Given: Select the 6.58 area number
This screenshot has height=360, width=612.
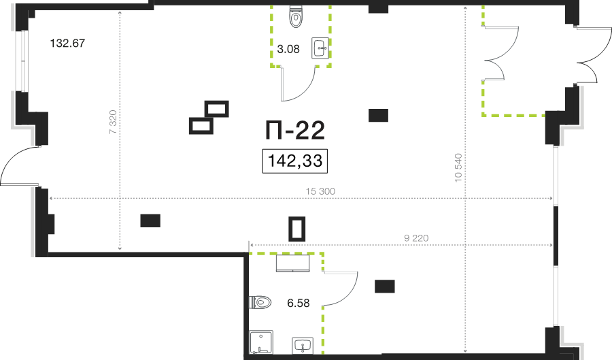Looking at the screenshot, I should click(299, 304).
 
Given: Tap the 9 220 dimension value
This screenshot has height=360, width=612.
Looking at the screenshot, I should click(415, 238).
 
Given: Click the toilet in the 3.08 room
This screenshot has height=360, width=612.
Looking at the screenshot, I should click(297, 16).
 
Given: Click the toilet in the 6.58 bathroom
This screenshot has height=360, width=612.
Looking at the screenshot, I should click(260, 301).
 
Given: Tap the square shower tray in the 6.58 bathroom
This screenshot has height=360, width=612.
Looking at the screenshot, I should click(260, 343).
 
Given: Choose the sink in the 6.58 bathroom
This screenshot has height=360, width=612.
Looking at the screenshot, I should click(303, 346).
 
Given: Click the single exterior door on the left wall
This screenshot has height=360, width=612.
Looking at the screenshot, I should click(15, 166).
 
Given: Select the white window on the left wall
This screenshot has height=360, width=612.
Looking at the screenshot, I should click(22, 61).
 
